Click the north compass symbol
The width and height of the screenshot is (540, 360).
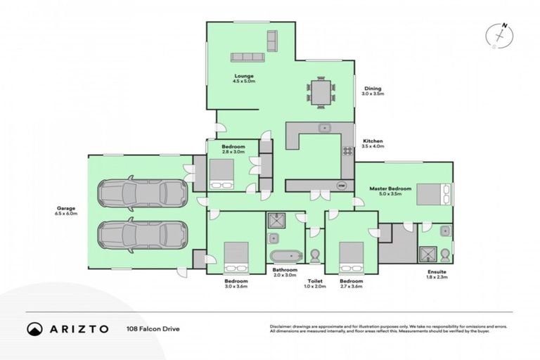(501, 35)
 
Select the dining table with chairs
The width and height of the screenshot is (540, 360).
(321, 93)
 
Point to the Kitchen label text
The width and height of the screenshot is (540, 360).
(372, 141)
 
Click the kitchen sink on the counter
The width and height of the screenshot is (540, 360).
(324, 128)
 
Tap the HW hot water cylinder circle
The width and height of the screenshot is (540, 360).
(342, 186)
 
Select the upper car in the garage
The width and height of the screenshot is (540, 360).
(143, 192)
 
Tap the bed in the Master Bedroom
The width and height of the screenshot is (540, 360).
(435, 194)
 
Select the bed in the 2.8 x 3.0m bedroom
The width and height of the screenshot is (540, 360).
(222, 174)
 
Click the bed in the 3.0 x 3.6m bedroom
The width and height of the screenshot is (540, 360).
(235, 258)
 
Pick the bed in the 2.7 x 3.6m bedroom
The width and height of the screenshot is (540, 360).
(351, 258)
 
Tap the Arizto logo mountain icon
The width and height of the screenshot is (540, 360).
(34, 329)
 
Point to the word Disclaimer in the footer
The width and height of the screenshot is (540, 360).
(280, 326)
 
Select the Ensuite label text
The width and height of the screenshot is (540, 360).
(436, 271)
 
